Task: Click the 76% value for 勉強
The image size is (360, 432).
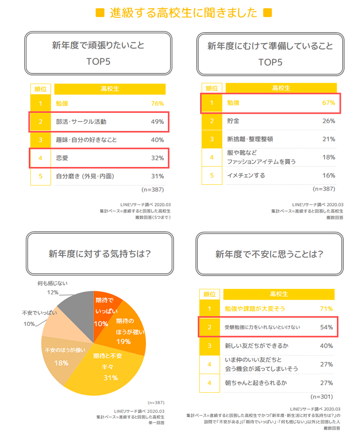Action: [x=157, y=103]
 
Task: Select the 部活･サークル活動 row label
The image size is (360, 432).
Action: [x=81, y=121]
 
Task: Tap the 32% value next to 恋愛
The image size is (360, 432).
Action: [x=157, y=158]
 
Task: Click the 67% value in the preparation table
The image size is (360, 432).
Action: [x=328, y=103]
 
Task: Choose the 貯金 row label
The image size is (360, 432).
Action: [x=233, y=121]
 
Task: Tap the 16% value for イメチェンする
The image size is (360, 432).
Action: [x=328, y=175]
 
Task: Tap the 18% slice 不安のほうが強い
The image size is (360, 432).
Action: [x=62, y=355]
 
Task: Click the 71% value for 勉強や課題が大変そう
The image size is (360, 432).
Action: [x=326, y=309]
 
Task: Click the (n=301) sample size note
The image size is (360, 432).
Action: [x=322, y=396]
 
